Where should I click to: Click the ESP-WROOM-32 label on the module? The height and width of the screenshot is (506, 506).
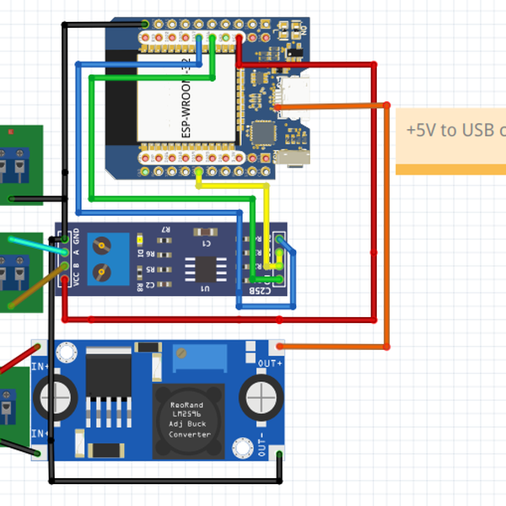coord(187,105)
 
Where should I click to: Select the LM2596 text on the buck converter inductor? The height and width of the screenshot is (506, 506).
coord(190,414)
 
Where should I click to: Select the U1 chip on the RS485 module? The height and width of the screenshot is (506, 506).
coord(205,268)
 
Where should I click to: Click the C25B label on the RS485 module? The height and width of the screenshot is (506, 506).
coord(261,290)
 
